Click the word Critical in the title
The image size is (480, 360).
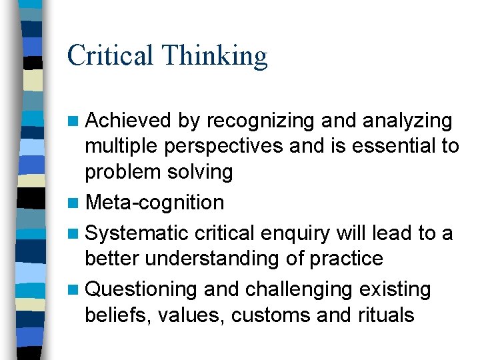tap(111, 55)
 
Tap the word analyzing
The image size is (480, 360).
tap(409, 121)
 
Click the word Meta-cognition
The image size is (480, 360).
tap(155, 202)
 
